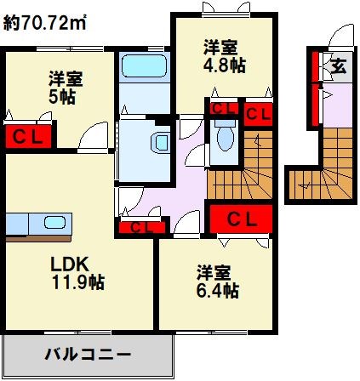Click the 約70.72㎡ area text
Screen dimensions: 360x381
(x=44, y=23)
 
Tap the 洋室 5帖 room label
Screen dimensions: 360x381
(x=66, y=88)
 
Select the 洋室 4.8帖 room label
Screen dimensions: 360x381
(x=224, y=56)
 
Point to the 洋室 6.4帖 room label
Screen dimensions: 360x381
(x=218, y=281)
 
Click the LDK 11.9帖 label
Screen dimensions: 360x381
(x=77, y=272)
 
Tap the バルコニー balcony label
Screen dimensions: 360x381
(x=88, y=355)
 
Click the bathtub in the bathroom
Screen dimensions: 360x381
(x=144, y=66)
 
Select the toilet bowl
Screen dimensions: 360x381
(x=226, y=136)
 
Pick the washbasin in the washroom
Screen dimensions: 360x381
(x=161, y=143)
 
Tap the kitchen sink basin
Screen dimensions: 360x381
(x=54, y=222)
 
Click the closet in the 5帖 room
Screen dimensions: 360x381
(x=28, y=136)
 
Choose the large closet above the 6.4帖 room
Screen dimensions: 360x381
(x=241, y=219)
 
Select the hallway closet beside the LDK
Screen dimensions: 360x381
(x=142, y=227)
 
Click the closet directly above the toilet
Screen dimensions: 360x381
(x=224, y=108)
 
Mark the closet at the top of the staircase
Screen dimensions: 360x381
(x=258, y=114)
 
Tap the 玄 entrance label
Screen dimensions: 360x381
(x=339, y=67)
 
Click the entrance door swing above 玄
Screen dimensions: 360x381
(x=341, y=35)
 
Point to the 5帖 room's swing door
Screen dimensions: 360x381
(x=93, y=135)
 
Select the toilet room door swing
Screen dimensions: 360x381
(x=197, y=155)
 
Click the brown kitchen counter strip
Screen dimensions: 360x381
(x=38, y=238)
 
